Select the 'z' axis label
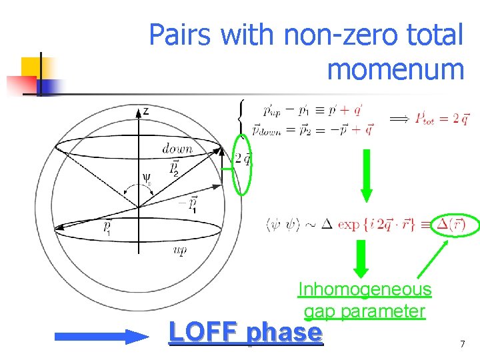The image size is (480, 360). coord(145,111)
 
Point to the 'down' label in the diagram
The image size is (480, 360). coord(177,149)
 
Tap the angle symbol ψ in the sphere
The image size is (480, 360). coord(147,178)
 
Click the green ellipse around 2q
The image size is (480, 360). coord(243,164)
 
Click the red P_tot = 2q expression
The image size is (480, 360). coord(441,119)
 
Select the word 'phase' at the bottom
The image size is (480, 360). coord(284,333)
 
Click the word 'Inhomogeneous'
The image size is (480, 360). coord(365,289)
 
